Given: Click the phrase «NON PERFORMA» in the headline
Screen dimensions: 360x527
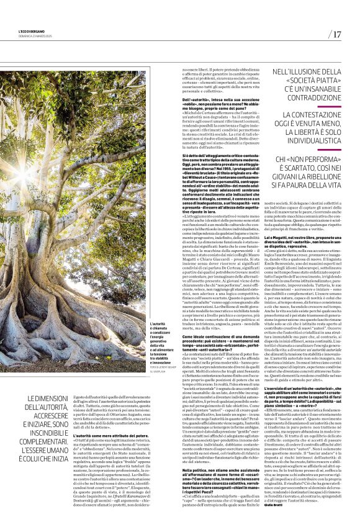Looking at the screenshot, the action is (x=308, y=160).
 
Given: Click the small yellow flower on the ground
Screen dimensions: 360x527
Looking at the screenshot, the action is (x=94, y=380).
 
